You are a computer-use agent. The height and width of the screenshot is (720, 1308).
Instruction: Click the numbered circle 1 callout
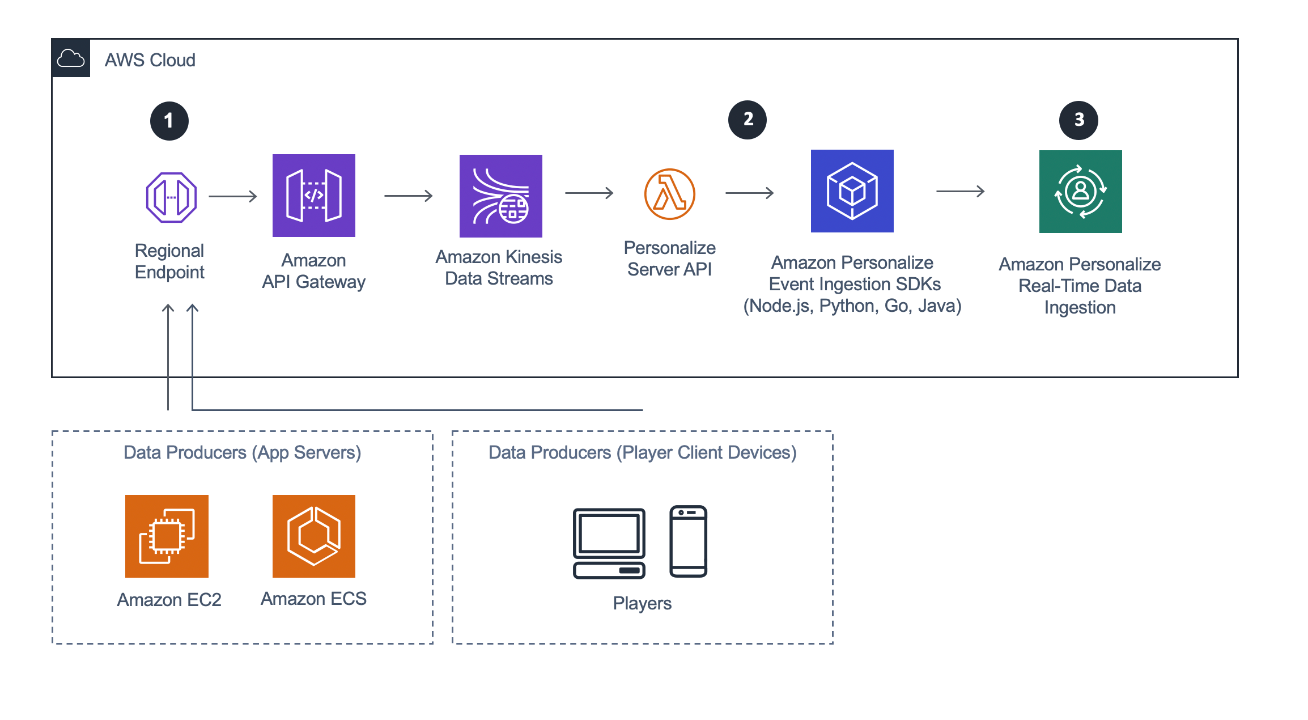[x=169, y=121]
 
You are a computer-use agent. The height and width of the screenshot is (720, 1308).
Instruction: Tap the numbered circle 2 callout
[x=748, y=120]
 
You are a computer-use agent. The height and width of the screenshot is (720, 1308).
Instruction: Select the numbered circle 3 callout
[x=1079, y=120]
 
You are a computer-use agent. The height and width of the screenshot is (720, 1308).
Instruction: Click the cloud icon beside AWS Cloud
[x=71, y=58]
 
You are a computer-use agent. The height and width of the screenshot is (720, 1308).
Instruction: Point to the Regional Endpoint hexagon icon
[x=171, y=197]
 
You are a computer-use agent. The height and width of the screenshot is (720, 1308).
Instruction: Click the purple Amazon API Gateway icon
[x=313, y=196]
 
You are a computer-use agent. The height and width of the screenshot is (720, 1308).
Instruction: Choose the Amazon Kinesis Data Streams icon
[x=500, y=196]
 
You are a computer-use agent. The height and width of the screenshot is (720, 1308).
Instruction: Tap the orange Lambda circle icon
[x=669, y=194]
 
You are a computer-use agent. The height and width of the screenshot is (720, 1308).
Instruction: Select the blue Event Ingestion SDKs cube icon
[x=852, y=191]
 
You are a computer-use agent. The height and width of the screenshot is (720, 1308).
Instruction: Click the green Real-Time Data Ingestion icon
[x=1080, y=192]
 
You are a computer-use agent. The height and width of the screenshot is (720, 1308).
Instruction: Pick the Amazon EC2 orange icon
[x=167, y=536]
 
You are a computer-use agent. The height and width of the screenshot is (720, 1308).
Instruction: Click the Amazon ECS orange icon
[x=313, y=536]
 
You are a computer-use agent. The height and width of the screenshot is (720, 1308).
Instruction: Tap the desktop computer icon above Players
[x=609, y=543]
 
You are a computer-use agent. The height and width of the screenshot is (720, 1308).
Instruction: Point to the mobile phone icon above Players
[x=688, y=541]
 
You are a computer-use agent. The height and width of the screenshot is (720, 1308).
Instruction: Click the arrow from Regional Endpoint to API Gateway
[x=233, y=196]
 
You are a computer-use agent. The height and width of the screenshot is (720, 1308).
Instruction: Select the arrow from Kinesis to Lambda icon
[x=589, y=193]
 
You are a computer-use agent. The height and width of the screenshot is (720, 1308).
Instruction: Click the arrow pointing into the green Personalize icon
[x=960, y=192]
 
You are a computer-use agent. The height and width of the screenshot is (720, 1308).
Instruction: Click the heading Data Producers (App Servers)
[x=242, y=452]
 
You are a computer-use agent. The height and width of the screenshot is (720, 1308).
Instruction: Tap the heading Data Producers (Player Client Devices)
[x=642, y=452]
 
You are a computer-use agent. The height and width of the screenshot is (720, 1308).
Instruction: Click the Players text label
[x=642, y=603]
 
